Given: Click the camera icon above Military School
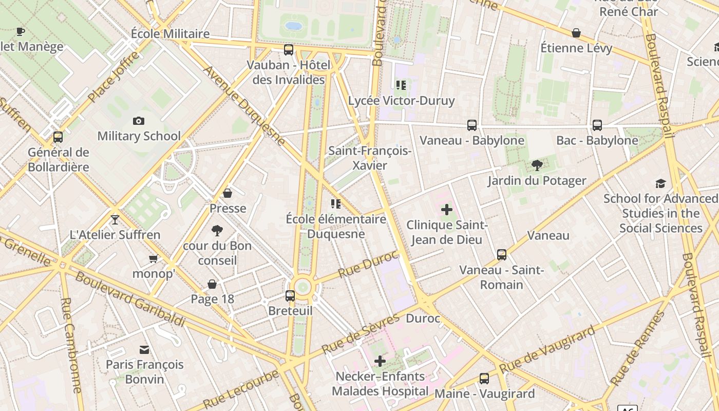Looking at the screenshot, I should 138,121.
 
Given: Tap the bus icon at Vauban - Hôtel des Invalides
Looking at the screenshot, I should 289,50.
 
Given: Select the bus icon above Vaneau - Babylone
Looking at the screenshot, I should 472,125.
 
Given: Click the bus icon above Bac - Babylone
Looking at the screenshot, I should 597,125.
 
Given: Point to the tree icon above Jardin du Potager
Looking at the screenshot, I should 537,165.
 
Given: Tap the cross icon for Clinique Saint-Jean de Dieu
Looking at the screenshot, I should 447,210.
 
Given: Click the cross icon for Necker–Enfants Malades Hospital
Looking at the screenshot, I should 380,361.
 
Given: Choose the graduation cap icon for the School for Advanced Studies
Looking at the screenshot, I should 660,183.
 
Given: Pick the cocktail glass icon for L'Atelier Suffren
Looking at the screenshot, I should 115,220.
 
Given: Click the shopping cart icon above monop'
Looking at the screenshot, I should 153,258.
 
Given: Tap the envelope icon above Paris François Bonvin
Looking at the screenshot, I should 144,350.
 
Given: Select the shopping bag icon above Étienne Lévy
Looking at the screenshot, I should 576,33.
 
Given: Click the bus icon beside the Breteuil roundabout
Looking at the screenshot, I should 290,295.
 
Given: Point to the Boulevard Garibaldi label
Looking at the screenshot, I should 130,300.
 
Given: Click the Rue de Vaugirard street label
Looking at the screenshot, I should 547,349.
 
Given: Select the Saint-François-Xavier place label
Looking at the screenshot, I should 370,158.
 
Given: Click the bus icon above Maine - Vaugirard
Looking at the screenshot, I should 484,379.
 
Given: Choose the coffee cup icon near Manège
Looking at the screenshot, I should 21,31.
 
